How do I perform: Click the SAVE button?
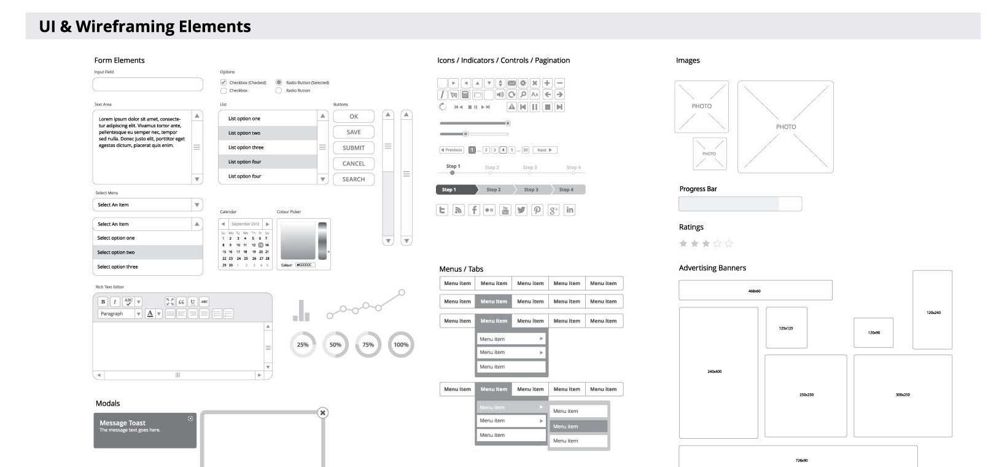[x=354, y=132]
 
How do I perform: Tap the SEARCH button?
[x=354, y=179]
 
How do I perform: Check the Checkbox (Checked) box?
[x=224, y=82]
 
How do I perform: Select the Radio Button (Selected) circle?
[x=279, y=82]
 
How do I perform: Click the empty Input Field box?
[x=147, y=84]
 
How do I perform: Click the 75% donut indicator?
[x=368, y=345]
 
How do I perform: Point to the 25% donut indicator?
[x=303, y=345]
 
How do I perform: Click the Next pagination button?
[x=545, y=150]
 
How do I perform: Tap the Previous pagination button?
[x=451, y=150]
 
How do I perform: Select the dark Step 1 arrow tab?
[x=455, y=190]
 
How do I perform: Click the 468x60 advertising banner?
[x=755, y=291]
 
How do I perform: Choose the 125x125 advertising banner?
[x=787, y=328]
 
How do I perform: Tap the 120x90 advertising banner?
[x=873, y=333]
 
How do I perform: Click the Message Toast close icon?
[x=190, y=418]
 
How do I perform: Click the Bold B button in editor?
[x=103, y=302]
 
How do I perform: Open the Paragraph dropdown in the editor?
[x=120, y=314]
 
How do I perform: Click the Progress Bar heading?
[x=698, y=189]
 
